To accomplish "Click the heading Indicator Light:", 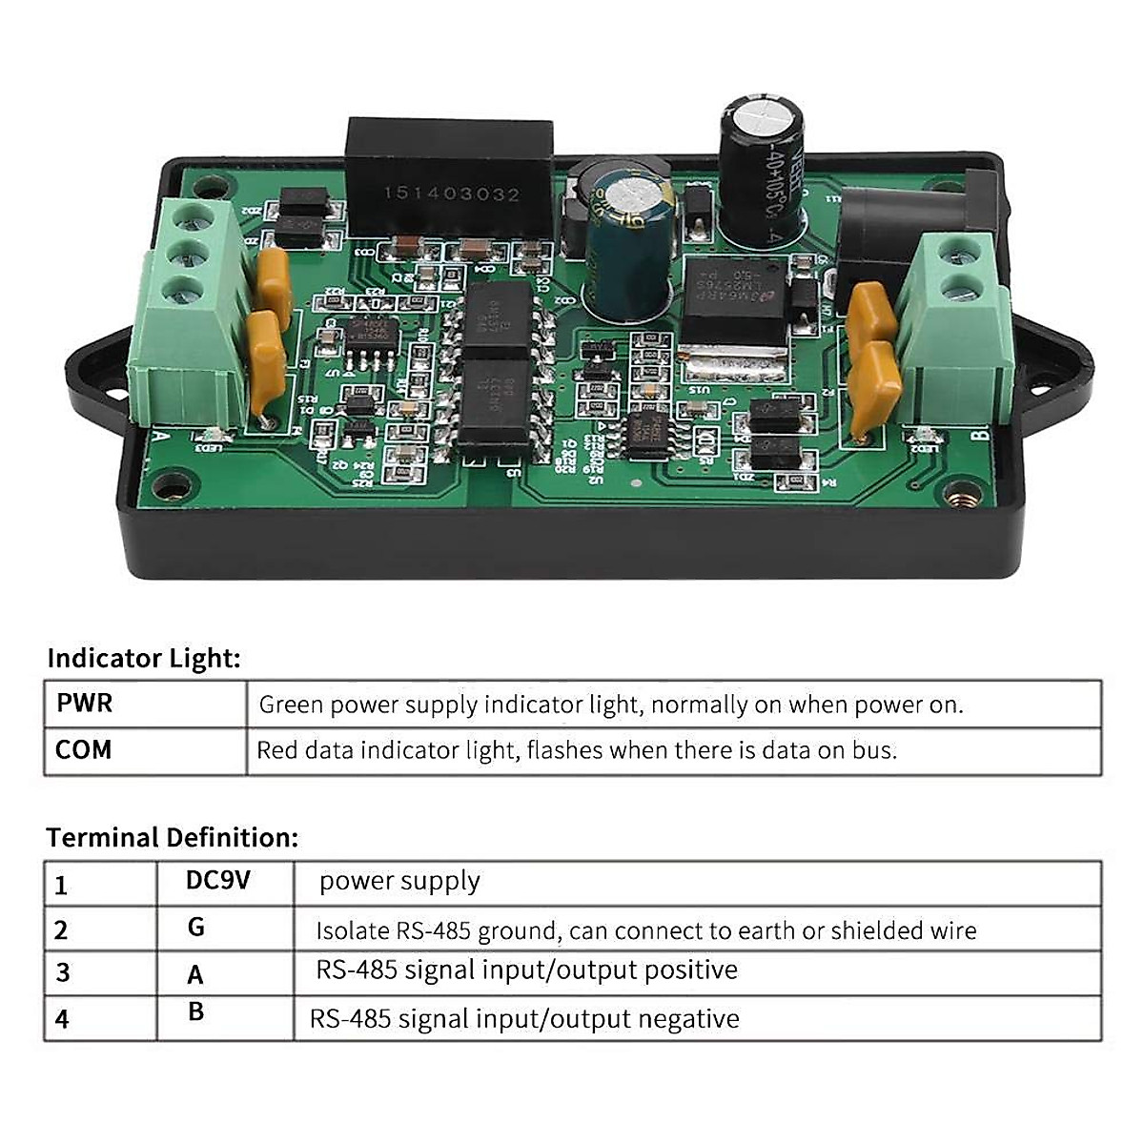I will pyautogui.click(x=144, y=658).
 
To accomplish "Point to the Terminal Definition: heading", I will pyautogui.click(x=173, y=837).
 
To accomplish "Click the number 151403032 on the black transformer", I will pyautogui.click(x=452, y=194).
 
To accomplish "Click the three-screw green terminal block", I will pyautogui.click(x=189, y=315).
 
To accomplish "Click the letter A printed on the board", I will pyautogui.click(x=161, y=438).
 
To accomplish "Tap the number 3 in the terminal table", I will pyautogui.click(x=63, y=972).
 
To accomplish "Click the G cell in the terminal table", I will pyautogui.click(x=196, y=927).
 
